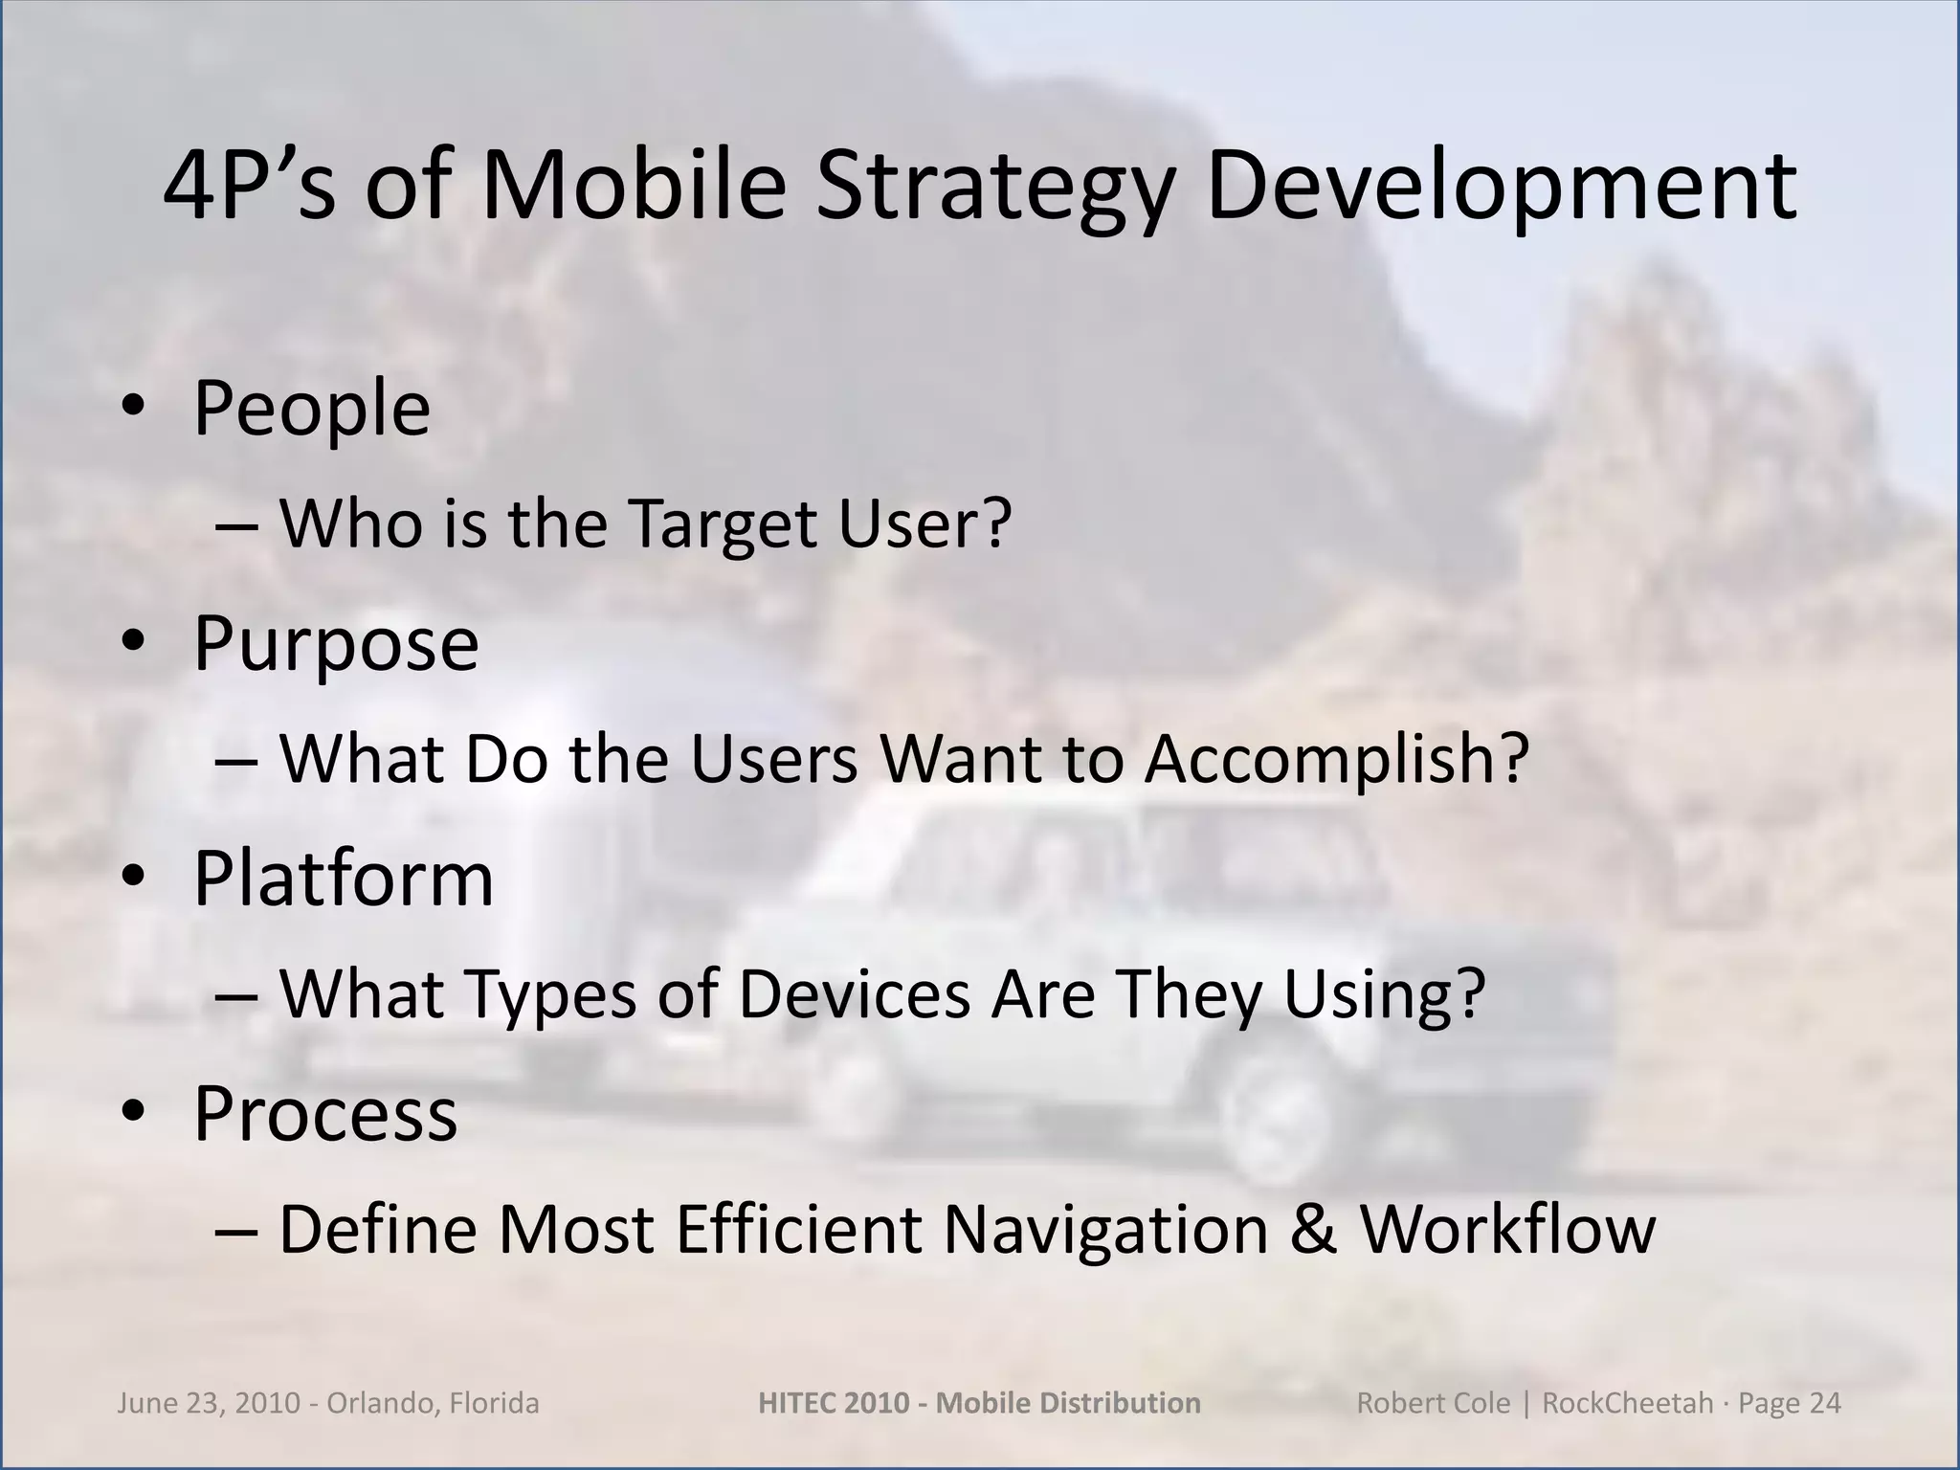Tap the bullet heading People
click(x=311, y=409)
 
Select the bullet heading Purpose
click(x=336, y=643)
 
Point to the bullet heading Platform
click(x=344, y=878)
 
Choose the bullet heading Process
click(x=325, y=1113)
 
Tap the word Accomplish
click(x=1336, y=759)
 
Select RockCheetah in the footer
click(x=1627, y=1403)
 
